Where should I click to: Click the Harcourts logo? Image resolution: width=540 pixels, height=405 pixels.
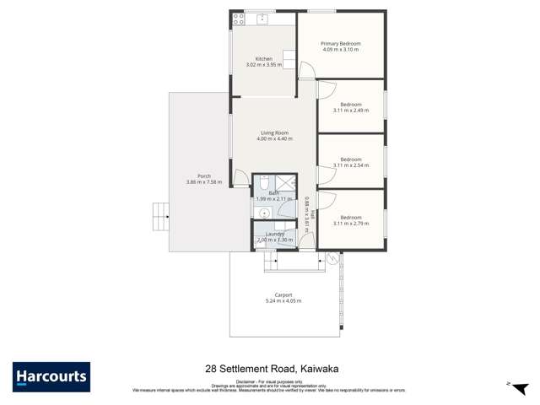51,376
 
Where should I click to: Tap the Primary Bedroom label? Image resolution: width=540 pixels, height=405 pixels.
340,44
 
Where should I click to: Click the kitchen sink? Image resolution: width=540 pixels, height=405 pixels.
262,18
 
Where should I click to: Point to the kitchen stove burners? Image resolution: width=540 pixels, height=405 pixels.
289,59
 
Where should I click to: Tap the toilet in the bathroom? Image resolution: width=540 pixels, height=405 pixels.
264,183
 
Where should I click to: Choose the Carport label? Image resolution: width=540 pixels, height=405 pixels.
283,294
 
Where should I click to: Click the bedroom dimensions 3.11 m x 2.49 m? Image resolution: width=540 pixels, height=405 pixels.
350,111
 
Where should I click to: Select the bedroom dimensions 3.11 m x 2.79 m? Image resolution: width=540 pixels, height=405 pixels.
350,223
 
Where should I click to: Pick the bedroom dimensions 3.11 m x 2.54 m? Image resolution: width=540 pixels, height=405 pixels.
350,165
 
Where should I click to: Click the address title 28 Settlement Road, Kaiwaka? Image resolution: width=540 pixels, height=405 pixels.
269,369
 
